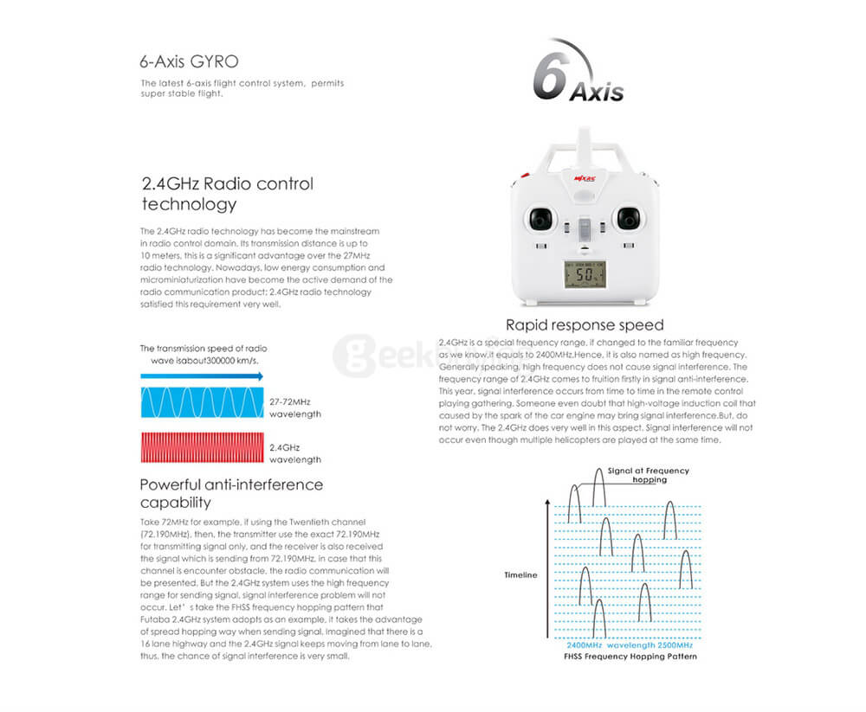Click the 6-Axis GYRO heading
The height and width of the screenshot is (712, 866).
click(189, 62)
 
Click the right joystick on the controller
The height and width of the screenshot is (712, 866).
click(628, 218)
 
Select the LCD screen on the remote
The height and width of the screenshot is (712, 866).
click(585, 276)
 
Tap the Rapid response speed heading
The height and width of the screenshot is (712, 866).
click(585, 325)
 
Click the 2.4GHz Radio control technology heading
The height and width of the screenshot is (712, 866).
click(227, 194)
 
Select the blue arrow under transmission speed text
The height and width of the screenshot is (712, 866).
click(202, 376)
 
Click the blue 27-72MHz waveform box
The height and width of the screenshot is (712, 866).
click(202, 402)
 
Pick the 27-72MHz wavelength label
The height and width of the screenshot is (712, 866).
click(294, 408)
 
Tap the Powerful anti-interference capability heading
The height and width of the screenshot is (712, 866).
click(230, 493)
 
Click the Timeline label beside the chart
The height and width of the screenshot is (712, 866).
click(520, 574)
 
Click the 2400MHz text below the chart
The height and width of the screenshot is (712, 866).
click(584, 645)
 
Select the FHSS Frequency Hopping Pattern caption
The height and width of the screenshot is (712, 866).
click(631, 656)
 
